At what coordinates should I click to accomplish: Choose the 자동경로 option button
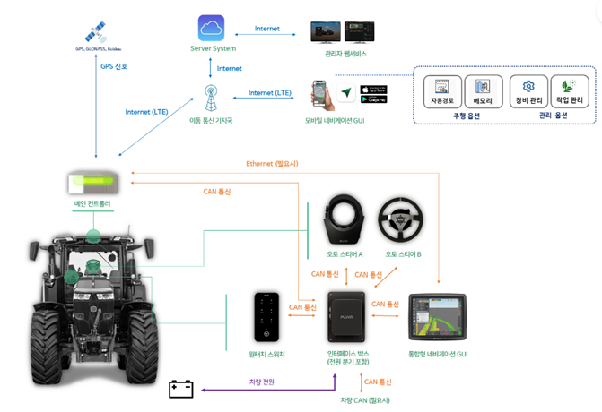pos(442,91)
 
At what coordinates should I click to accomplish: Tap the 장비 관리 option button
pos(528,91)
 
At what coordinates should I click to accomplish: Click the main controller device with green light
pos(92,183)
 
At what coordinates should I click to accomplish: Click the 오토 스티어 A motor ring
pos(344,219)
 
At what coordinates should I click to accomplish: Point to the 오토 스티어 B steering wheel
pos(402,219)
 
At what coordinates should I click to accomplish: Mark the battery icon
pos(181,389)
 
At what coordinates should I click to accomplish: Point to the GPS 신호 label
pos(114,66)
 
